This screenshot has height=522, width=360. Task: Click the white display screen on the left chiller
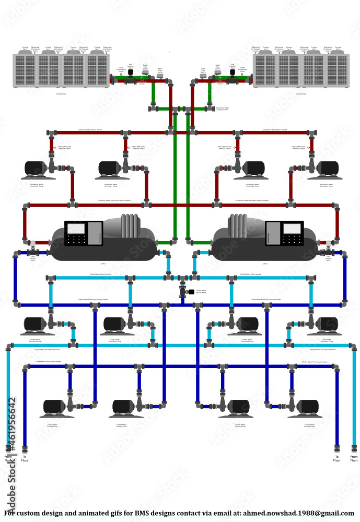pos(76,229)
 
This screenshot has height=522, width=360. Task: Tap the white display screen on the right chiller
pos(292,229)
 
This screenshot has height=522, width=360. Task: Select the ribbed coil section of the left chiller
pos(130,226)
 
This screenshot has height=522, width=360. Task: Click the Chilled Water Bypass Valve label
pos(201,292)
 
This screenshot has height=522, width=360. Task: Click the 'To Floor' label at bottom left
pos(25,458)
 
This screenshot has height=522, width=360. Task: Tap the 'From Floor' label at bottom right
pos(354,458)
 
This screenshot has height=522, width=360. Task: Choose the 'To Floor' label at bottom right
pos(337,458)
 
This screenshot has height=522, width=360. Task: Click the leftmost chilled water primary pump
pos(54,408)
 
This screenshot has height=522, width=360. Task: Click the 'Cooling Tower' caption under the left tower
pos(61,94)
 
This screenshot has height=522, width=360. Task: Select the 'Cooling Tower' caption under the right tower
pos(301,94)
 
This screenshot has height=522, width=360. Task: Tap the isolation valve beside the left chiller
pos(33,244)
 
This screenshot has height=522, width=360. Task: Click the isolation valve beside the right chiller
pos(328,244)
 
